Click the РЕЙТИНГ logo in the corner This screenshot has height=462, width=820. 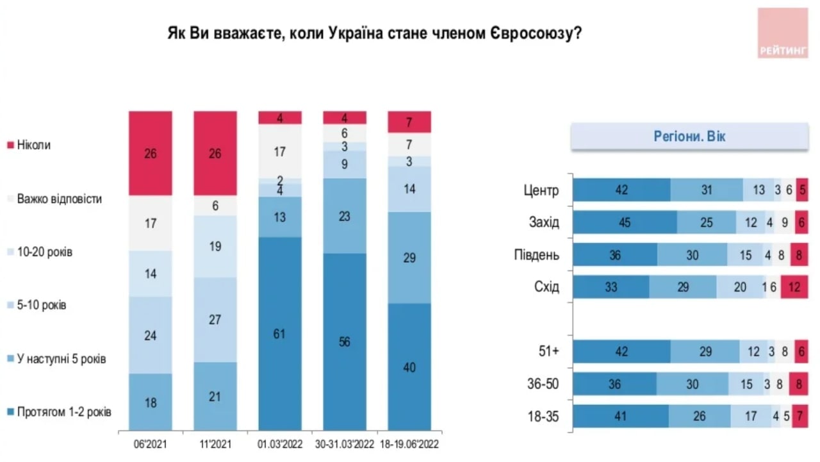(x=782, y=33)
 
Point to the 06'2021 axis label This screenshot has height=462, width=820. (x=151, y=443)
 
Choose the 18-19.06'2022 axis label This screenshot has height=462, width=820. (x=409, y=443)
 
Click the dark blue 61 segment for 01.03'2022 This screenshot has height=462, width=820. (x=280, y=333)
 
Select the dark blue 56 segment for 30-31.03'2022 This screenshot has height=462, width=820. (x=345, y=342)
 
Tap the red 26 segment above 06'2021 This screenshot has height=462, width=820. (x=151, y=153)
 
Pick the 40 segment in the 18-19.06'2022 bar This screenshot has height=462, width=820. (x=409, y=367)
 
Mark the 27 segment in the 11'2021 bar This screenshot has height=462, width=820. (x=215, y=320)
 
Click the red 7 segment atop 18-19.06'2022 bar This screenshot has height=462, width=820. (x=409, y=122)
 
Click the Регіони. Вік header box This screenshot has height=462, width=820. (x=689, y=136)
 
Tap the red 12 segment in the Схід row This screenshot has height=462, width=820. (x=793, y=287)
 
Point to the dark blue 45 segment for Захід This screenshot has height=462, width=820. (x=625, y=222)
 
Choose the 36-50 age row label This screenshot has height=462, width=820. (x=543, y=384)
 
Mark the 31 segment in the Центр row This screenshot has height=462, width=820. (x=707, y=190)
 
